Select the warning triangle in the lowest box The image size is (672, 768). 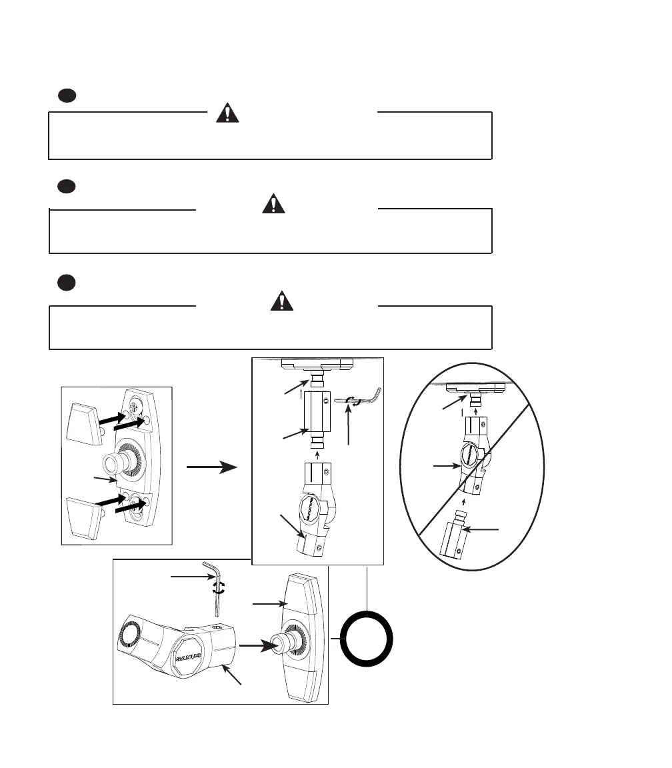(283, 301)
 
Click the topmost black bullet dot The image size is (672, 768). (65, 96)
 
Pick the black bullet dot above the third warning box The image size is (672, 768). (65, 283)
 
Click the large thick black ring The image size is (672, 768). (367, 638)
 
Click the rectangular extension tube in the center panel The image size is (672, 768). (317, 413)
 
